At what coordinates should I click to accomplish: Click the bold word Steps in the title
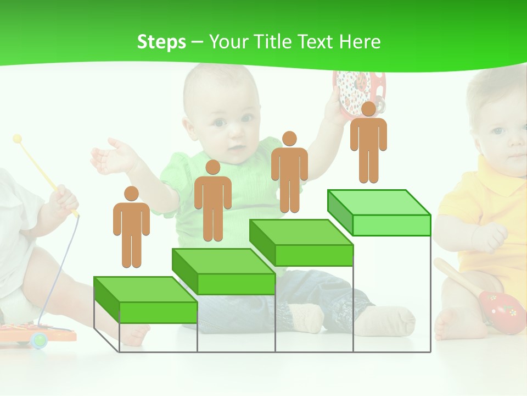(161, 42)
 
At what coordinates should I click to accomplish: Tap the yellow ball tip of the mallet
(18, 138)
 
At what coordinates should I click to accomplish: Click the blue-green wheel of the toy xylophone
(40, 340)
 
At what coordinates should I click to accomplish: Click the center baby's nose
(234, 135)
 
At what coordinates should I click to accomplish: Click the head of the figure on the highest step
(368, 109)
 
